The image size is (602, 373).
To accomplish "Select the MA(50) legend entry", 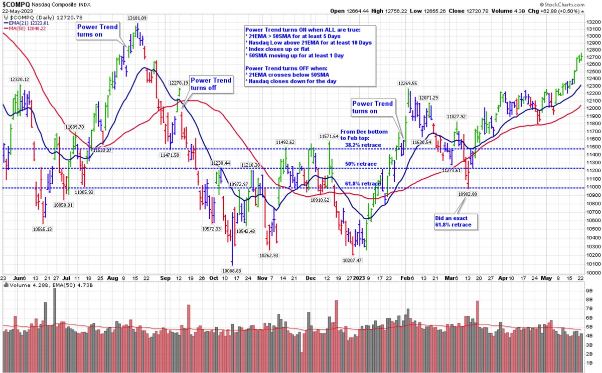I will pyautogui.click(x=25, y=29).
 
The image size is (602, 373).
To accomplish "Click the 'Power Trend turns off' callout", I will pyautogui.click(x=211, y=84).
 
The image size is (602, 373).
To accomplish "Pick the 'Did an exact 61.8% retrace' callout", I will pyautogui.click(x=456, y=222).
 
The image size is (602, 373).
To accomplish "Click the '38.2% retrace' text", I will pyautogui.click(x=363, y=145).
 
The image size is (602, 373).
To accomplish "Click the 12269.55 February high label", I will pyautogui.click(x=409, y=83).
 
